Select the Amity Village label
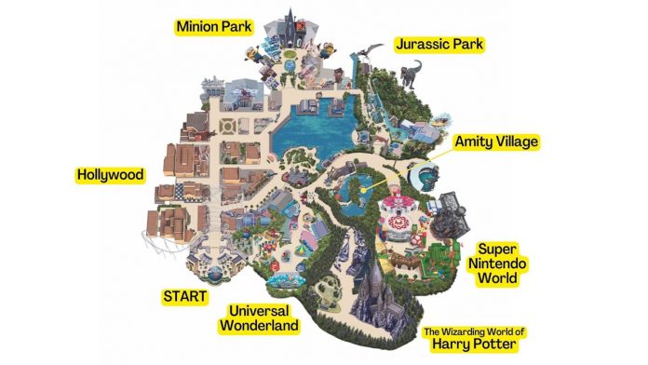click(496, 142)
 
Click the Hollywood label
click(111, 175)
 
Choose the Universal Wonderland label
click(260, 318)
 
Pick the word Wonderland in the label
click(260, 326)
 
